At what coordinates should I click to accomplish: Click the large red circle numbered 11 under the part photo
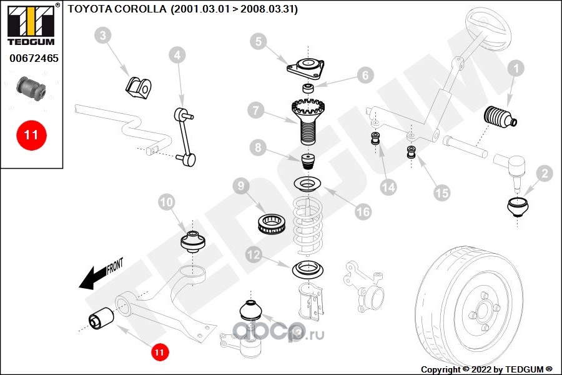point(32,134)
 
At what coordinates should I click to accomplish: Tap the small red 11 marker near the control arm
point(159,352)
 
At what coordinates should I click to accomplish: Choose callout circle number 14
point(388,186)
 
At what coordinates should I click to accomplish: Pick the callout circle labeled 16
point(363,212)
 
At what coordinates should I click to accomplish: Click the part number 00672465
point(34,59)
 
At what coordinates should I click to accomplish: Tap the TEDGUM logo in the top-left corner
point(30,24)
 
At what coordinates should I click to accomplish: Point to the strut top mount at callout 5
point(307,67)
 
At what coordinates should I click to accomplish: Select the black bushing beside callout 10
point(193,241)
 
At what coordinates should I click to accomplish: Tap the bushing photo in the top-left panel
point(32,88)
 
